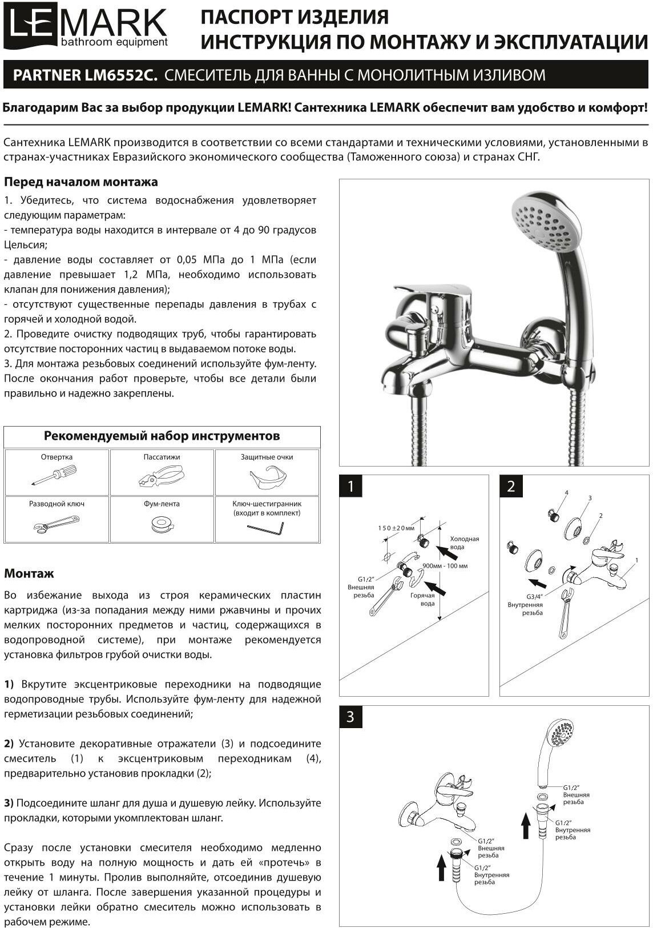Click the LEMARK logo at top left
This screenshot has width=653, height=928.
[86, 27]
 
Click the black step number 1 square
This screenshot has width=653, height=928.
[350, 486]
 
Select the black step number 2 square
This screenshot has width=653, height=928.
[511, 486]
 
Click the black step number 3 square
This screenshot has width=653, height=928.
[350, 717]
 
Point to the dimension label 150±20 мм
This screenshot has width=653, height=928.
[396, 528]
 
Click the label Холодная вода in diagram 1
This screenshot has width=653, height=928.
[465, 543]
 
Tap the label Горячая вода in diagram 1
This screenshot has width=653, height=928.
[422, 599]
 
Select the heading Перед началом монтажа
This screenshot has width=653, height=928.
[81, 182]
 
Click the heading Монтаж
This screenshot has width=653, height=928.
[29, 573]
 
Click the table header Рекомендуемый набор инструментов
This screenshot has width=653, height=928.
[162, 436]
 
